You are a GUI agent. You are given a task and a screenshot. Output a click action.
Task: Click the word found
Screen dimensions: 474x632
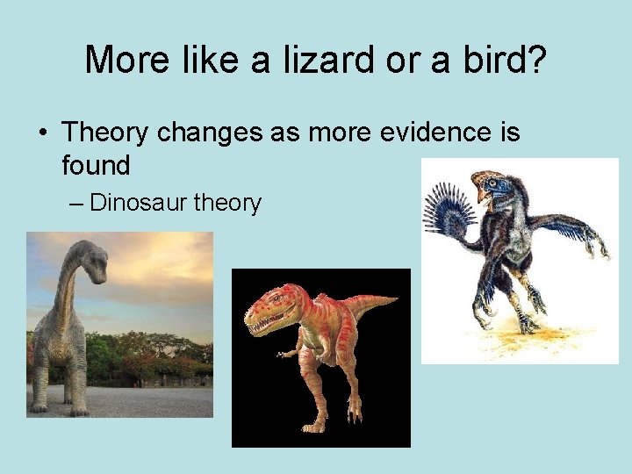96,164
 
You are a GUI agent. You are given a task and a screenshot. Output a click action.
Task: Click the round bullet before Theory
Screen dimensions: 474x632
41,134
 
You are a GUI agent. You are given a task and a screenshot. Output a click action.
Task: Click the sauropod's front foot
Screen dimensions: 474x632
39,404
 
